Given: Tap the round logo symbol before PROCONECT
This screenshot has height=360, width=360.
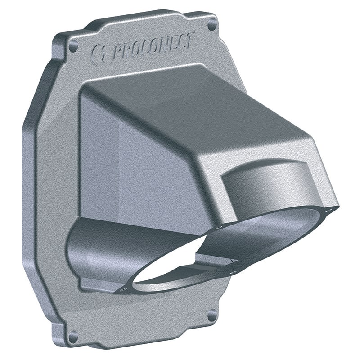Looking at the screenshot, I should click(x=98, y=54).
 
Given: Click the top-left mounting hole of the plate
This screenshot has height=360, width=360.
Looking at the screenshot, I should click(x=72, y=45).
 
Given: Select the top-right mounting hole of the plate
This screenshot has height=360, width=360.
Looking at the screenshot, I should click(x=211, y=25).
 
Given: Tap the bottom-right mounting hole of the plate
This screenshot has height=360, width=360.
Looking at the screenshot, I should click(x=211, y=315).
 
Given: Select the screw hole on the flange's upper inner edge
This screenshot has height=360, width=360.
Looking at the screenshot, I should click(x=218, y=228).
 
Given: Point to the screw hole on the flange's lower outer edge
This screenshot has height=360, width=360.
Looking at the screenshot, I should click(x=233, y=272).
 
